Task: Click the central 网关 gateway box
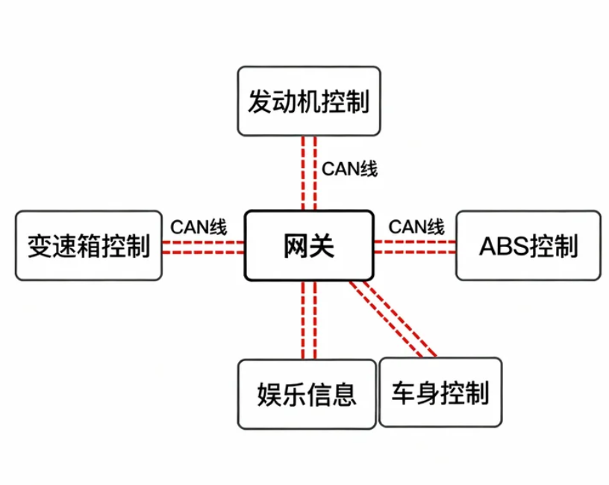(x=308, y=245)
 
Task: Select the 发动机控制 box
(x=308, y=101)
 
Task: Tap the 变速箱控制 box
(x=88, y=245)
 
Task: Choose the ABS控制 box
(x=528, y=245)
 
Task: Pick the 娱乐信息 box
(x=307, y=394)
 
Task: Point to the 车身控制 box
(x=440, y=392)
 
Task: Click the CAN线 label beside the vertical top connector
(x=349, y=169)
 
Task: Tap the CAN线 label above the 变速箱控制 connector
(x=199, y=226)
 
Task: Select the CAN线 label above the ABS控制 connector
(x=416, y=226)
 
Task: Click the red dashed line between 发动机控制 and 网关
(x=309, y=173)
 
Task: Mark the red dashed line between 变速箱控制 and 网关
(x=203, y=247)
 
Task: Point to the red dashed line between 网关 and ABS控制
(x=414, y=247)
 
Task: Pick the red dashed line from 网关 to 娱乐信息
(x=309, y=321)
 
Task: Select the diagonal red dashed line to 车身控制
(x=393, y=319)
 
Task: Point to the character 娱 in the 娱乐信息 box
(x=269, y=394)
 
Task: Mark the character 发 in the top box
(x=260, y=101)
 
